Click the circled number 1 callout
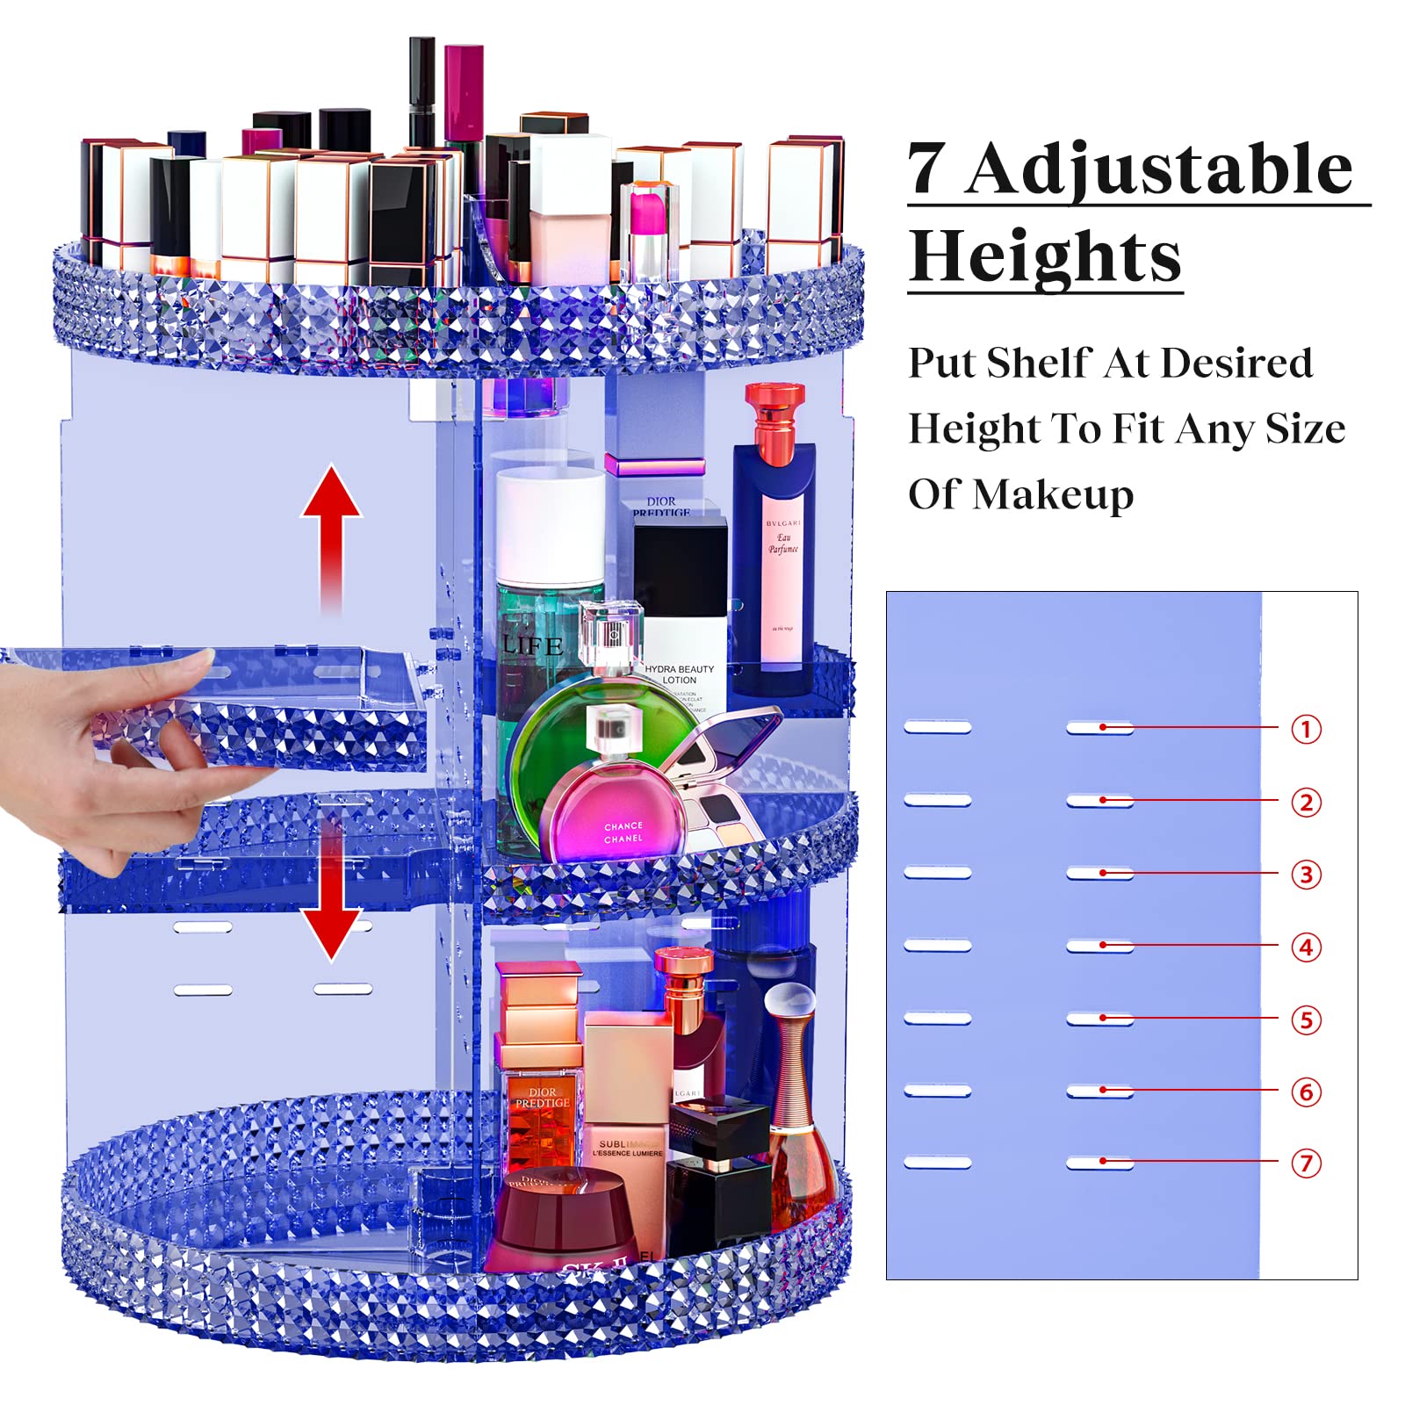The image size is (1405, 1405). point(1306,729)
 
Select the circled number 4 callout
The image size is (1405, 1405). point(1306,947)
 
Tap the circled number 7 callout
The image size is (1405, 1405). point(1306,1164)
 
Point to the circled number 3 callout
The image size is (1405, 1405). point(1306,875)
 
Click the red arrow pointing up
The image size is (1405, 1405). point(331,527)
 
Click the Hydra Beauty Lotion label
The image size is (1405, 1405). point(679,674)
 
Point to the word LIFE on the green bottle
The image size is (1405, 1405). point(532,646)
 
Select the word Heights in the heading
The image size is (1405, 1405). point(1045,256)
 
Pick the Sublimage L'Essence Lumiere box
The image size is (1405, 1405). point(627,1142)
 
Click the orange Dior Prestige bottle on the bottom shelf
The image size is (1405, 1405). point(540,1106)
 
